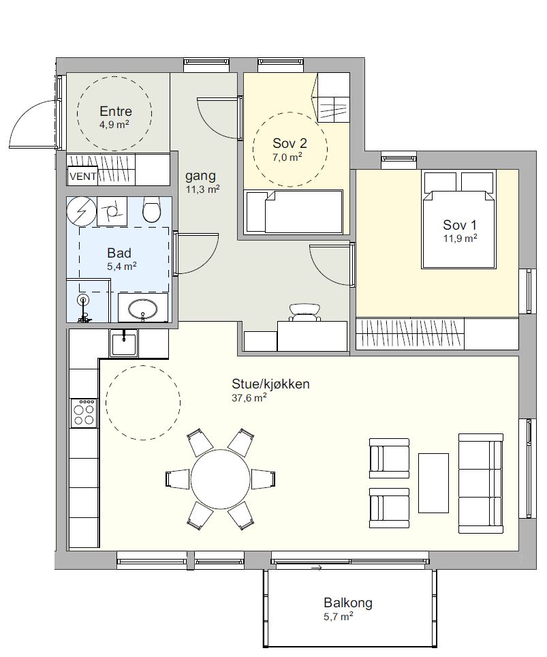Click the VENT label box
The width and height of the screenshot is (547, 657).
pyautogui.click(x=83, y=177)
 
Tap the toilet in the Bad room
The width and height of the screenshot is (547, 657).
pyautogui.click(x=151, y=210)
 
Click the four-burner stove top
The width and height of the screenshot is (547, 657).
pyautogui.click(x=84, y=413)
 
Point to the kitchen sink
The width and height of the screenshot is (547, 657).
pyautogui.click(x=123, y=343)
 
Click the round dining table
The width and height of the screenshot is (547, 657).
pyautogui.click(x=221, y=480)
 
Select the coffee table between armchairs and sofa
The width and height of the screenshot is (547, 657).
pyautogui.click(x=433, y=483)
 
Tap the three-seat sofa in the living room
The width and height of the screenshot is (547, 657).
pyautogui.click(x=481, y=483)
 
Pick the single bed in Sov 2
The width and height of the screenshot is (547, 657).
pyautogui.click(x=294, y=211)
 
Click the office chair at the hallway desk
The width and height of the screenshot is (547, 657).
pyautogui.click(x=305, y=313)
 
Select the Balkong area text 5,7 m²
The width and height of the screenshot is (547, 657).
pyautogui.click(x=339, y=616)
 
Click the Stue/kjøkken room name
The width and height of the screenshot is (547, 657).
pyautogui.click(x=270, y=384)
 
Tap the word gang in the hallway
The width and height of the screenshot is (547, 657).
pyautogui.click(x=201, y=177)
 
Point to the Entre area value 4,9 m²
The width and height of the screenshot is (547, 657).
pyautogui.click(x=114, y=125)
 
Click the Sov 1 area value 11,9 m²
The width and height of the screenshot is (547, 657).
pyautogui.click(x=460, y=239)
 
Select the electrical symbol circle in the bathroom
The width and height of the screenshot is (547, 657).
pyautogui.click(x=82, y=211)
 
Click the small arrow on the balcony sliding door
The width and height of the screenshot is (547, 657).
pyautogui.click(x=317, y=568)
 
